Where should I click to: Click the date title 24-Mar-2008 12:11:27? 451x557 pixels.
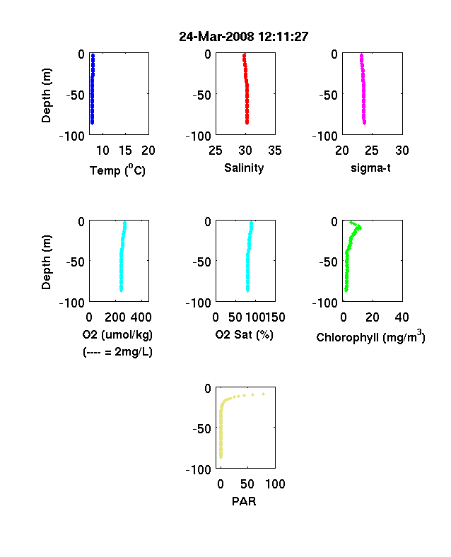click(244, 37)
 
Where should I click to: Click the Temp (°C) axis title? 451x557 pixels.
click(117, 170)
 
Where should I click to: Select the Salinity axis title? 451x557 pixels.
click(244, 168)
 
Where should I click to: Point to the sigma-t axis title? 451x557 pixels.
click(370, 168)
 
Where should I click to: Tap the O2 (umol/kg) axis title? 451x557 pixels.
click(117, 334)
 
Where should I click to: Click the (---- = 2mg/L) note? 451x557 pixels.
click(117, 352)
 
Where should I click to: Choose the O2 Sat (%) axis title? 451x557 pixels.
click(245, 334)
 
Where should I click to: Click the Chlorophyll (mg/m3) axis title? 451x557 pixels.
click(370, 336)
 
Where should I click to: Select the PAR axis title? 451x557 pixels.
click(244, 501)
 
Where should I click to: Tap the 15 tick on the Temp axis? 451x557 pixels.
click(125, 151)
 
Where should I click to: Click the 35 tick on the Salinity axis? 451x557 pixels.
click(275, 151)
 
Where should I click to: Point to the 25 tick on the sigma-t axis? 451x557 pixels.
click(371, 151)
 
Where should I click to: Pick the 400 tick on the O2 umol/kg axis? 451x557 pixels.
click(141, 317)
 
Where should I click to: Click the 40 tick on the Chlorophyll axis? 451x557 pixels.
click(402, 317)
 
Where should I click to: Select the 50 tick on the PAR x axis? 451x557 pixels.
click(247, 483)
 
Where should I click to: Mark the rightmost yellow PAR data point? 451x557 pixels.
click(264, 394)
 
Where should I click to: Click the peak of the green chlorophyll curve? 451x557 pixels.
click(360, 227)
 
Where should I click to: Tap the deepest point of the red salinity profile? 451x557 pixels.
click(247, 123)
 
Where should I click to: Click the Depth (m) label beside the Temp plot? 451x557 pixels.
click(46, 95)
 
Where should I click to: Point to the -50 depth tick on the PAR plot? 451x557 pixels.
click(201, 429)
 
